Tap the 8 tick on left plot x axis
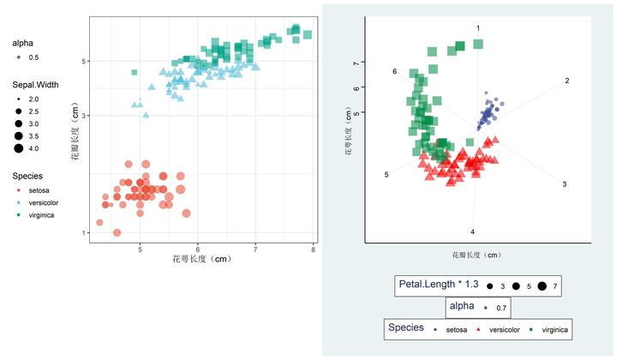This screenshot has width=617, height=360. [314, 249]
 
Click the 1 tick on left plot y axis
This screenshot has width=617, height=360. [85, 233]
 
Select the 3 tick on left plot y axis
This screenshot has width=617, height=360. [85, 116]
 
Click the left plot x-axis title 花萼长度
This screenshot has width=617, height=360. [201, 258]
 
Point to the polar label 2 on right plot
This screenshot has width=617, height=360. [566, 81]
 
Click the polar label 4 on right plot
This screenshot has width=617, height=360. [472, 231]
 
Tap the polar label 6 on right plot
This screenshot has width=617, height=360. [394, 71]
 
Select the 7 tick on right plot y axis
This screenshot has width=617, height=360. [355, 63]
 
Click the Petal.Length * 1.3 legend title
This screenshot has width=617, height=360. [438, 284]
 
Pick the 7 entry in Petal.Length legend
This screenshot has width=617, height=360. [548, 285]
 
